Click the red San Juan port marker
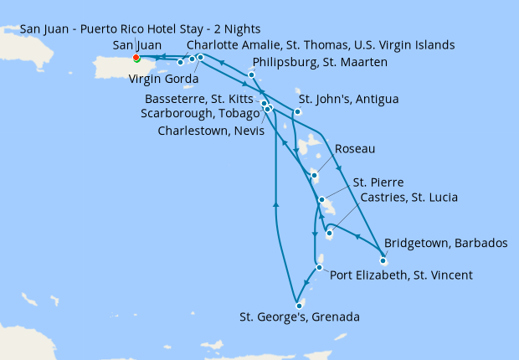(x=136, y=58)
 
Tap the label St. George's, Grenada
(x=299, y=317)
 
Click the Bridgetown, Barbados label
(x=445, y=244)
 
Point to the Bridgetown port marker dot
(x=383, y=261)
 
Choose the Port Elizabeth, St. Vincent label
(x=402, y=275)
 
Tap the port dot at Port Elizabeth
(x=319, y=268)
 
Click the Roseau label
(x=354, y=149)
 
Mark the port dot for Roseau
(x=313, y=175)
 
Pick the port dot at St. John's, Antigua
(x=297, y=111)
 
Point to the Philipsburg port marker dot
(x=251, y=75)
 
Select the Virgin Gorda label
(x=163, y=80)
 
